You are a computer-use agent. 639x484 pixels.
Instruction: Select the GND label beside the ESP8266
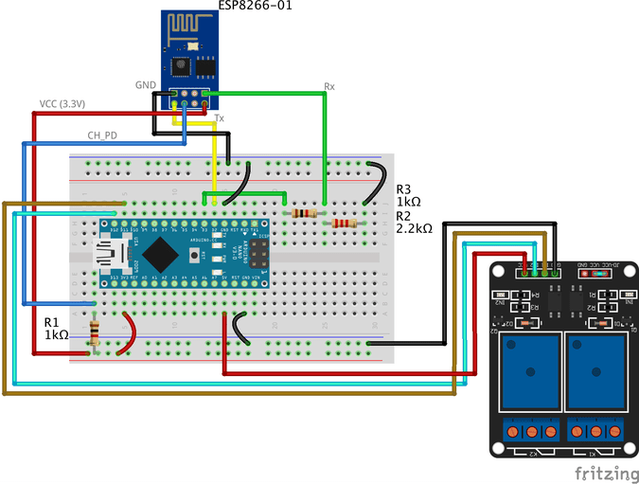146,84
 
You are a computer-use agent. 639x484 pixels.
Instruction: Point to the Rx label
329,86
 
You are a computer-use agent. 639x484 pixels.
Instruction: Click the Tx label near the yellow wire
220,118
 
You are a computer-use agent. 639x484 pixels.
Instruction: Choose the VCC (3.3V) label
62,103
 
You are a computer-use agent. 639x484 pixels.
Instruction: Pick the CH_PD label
102,135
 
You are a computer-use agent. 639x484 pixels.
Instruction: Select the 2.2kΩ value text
414,228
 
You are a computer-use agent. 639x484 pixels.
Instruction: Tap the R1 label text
51,321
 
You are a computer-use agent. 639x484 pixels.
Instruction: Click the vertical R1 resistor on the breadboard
94,332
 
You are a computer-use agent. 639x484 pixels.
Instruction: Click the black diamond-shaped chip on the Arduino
162,253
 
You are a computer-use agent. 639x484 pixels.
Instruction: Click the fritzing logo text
604,471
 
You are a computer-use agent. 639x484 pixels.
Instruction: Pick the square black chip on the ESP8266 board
179,65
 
